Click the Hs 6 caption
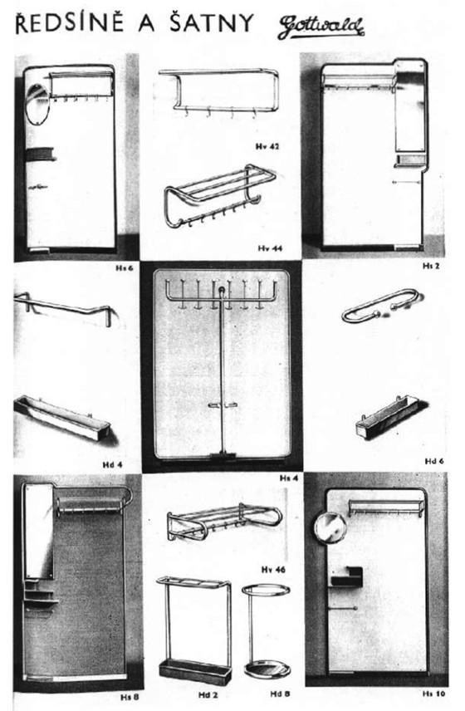(125, 269)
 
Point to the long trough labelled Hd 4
(63, 420)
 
